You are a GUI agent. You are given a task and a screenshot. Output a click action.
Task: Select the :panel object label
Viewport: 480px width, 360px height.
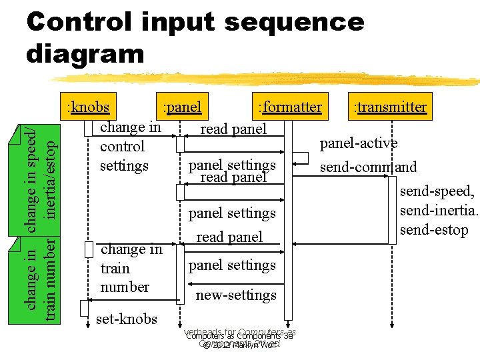point(182,107)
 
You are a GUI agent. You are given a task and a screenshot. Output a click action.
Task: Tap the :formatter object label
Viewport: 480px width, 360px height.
point(289,107)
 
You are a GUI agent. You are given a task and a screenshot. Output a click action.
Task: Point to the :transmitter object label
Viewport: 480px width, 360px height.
point(390,107)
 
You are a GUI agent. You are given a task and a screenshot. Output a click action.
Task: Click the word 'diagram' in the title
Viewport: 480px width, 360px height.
point(85,53)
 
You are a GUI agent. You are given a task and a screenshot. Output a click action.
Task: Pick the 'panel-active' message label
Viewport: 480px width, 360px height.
point(359,143)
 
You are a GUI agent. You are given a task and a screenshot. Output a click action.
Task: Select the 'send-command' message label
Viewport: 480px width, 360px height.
point(368,167)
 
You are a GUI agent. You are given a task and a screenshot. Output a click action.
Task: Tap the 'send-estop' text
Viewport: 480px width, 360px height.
point(434,230)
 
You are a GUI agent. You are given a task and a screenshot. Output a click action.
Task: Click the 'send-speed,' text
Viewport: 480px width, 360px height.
point(437,192)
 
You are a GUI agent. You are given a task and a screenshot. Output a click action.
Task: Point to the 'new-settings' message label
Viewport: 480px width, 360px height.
point(236,295)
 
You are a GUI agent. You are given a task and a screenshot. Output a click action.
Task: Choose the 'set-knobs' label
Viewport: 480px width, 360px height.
point(127,319)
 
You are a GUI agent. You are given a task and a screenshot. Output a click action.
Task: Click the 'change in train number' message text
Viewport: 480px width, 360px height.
point(131,268)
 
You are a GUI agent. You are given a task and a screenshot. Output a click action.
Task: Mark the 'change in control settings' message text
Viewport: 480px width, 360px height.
point(129,146)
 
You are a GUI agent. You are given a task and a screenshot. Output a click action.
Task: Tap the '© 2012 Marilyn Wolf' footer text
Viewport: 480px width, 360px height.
point(240,345)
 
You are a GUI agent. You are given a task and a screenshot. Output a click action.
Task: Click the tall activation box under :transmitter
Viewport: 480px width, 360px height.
point(393,207)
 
